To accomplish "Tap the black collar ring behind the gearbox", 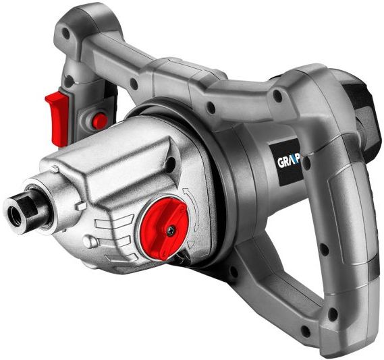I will (x=223, y=196).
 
